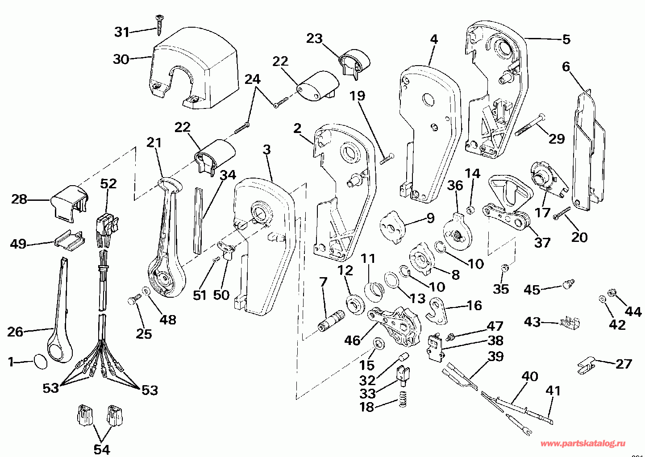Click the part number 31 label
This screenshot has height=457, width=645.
(122, 32)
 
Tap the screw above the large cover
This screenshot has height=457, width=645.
(159, 25)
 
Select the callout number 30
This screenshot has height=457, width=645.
(121, 59)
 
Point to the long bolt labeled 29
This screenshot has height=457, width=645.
(529, 125)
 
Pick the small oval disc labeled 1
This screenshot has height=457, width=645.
(41, 361)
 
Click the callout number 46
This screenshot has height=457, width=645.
(353, 341)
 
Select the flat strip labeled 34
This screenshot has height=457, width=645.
(198, 220)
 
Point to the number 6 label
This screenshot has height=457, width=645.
(566, 67)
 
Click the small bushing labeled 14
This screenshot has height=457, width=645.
(470, 210)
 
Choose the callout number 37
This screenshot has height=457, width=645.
(542, 242)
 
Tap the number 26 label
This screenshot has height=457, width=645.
(15, 332)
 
